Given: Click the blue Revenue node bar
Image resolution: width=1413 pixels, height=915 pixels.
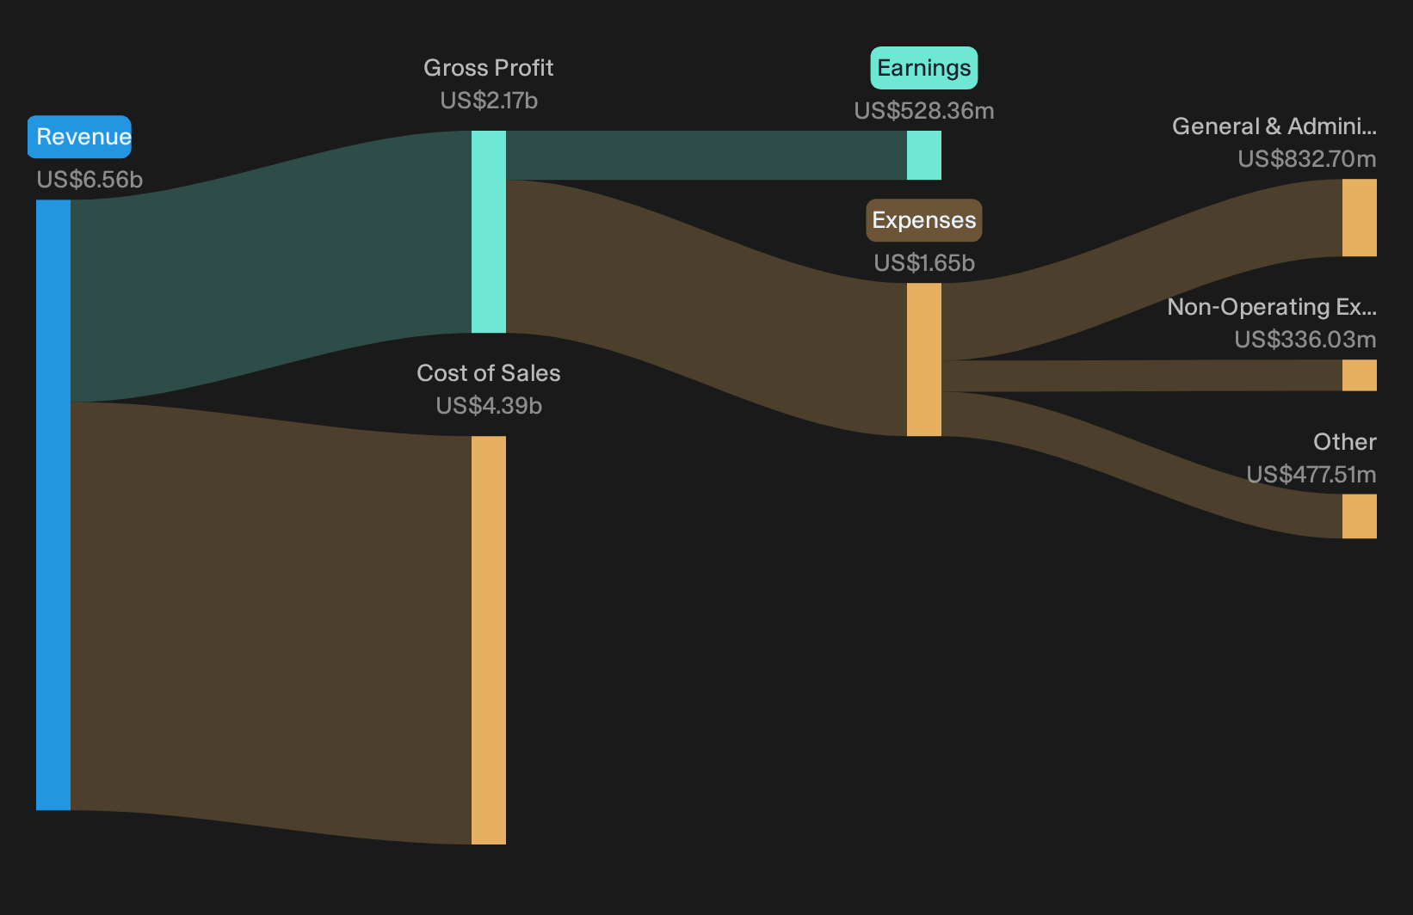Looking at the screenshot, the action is click(x=53, y=505).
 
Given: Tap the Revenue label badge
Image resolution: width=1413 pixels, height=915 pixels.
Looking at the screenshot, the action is click(x=79, y=137).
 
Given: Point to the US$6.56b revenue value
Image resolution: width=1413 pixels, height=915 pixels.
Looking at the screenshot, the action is click(x=89, y=180).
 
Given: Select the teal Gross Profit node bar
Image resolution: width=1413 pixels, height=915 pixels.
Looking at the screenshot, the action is click(x=489, y=231).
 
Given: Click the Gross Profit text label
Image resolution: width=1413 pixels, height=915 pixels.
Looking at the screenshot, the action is click(x=488, y=67).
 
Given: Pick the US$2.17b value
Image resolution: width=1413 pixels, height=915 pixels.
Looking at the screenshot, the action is click(x=489, y=101).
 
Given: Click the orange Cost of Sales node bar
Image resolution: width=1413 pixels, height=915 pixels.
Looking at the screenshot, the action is click(x=489, y=640).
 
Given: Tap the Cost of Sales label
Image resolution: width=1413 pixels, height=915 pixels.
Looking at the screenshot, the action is click(x=488, y=372).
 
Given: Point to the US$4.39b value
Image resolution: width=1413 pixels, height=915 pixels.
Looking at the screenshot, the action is click(x=489, y=406).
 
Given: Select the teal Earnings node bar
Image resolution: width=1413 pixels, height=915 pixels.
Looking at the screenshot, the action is click(x=924, y=155).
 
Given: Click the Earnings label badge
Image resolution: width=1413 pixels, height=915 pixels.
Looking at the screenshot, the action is click(x=924, y=67).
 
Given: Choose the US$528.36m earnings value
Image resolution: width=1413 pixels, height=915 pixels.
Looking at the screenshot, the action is click(x=924, y=110).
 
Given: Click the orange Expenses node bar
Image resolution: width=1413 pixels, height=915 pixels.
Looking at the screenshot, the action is click(x=924, y=359).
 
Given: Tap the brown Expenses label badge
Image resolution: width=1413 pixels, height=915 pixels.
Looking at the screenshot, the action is click(x=924, y=220).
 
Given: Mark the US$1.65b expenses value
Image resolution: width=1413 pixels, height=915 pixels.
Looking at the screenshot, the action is click(x=924, y=263).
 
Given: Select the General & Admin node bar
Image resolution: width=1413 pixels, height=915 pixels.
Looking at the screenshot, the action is click(x=1360, y=218).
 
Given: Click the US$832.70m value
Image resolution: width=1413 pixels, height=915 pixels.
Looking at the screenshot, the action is click(x=1307, y=158).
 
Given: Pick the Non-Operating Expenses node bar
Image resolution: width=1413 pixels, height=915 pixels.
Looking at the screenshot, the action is click(x=1360, y=375).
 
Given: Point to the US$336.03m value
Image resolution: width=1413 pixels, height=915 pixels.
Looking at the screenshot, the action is click(x=1305, y=340).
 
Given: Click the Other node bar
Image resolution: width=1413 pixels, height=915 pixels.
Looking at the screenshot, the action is click(x=1360, y=517).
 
